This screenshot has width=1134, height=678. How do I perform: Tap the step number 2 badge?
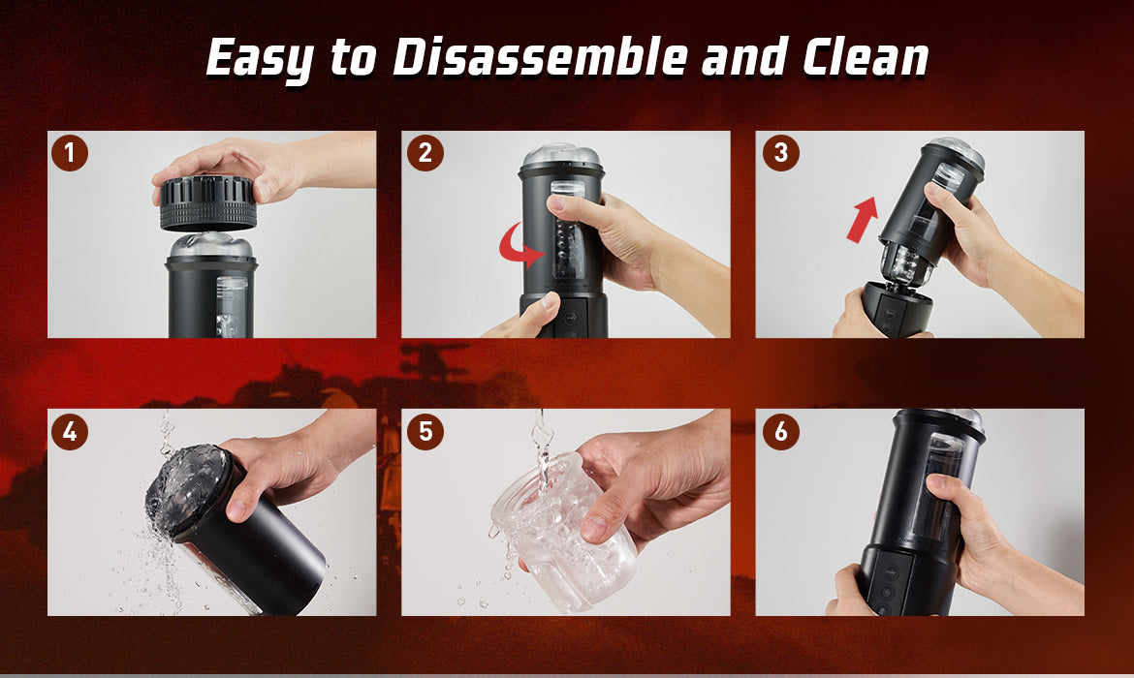click(x=425, y=153)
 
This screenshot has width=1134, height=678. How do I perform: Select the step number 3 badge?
click(x=779, y=153)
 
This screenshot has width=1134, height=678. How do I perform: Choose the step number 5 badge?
click(x=425, y=431)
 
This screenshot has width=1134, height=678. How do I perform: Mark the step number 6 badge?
click(x=779, y=431)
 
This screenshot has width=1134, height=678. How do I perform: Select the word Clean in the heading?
click(x=865, y=58)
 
